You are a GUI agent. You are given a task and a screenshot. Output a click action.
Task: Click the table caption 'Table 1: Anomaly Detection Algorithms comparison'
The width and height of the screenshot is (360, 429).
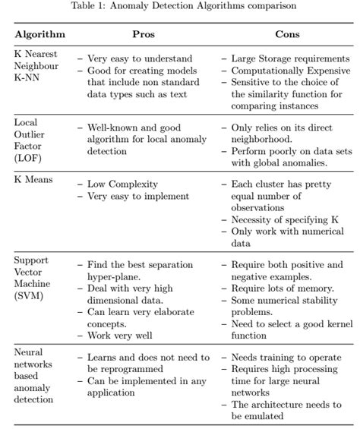[x=179, y=6]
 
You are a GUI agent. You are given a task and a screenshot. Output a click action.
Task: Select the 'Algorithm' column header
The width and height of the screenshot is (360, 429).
[x=39, y=35]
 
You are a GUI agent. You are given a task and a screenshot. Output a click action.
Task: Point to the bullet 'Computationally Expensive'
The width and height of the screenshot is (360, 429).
[x=291, y=70]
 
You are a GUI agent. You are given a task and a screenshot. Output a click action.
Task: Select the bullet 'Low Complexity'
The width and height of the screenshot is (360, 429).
[x=124, y=185]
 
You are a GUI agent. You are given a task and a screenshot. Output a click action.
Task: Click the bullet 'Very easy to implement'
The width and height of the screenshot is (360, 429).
[x=137, y=197]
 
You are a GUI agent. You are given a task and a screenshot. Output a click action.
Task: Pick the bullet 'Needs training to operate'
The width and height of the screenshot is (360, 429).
[x=288, y=358]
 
